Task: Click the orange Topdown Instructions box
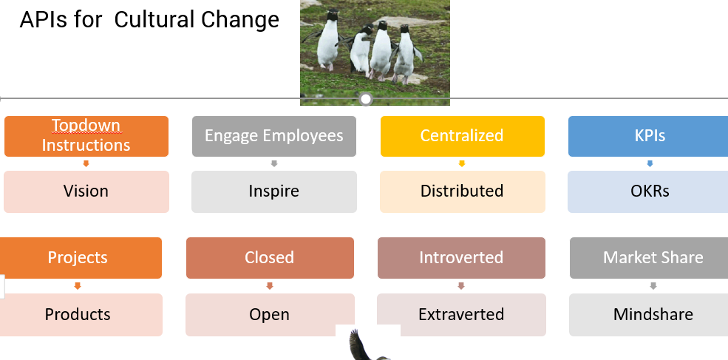point(86,136)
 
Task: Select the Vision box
point(86,192)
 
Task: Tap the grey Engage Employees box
point(274,136)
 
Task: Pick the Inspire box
point(274,192)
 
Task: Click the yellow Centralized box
point(463,136)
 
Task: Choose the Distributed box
point(463,192)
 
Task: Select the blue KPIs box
point(648,136)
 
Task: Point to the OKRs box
point(647,192)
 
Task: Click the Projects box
point(81,258)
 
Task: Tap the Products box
point(81,314)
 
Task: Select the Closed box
point(270,258)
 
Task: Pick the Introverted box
point(461,258)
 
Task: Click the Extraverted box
point(461,314)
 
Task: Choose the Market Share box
point(649,258)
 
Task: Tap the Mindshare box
point(649,314)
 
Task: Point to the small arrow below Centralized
point(461,163)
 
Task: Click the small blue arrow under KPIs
point(650,163)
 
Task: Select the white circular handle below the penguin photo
point(366,99)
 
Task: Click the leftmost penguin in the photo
point(328,39)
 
